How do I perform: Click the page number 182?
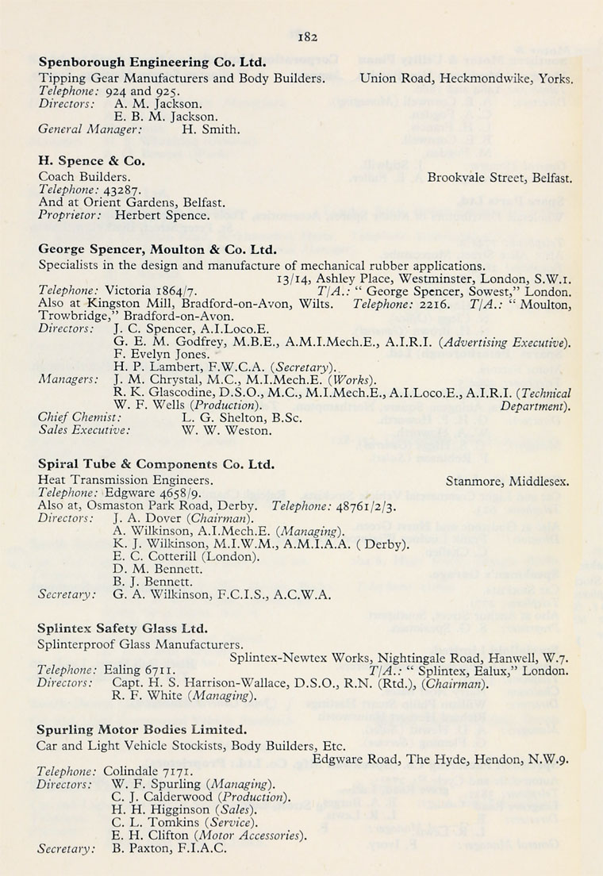tap(307, 36)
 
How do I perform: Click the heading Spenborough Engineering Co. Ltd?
tap(152, 62)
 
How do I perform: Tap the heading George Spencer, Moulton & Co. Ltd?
tap(157, 248)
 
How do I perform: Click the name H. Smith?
tap(210, 129)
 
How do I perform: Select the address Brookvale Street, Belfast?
tap(499, 176)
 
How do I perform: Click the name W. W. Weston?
tap(226, 431)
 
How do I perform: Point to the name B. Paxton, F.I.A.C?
tap(170, 847)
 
